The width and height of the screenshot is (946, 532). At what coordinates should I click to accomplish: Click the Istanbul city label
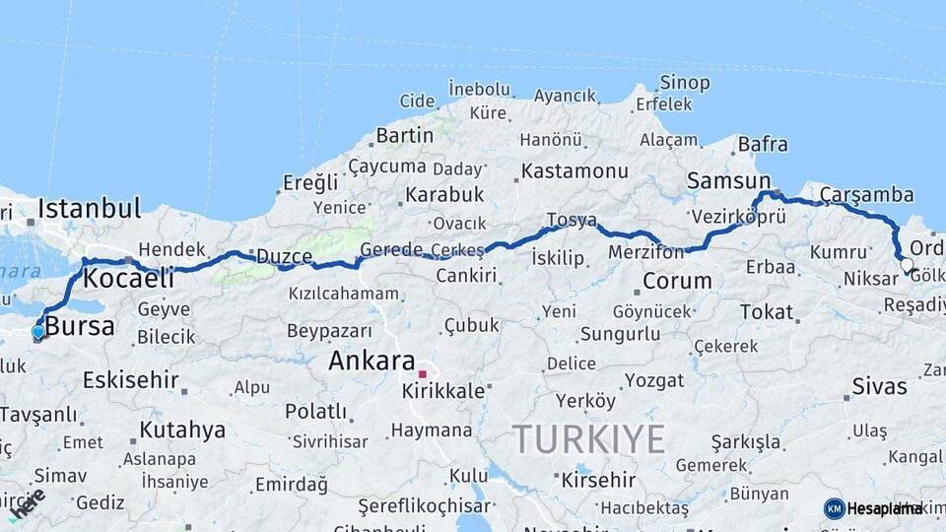(x=89, y=208)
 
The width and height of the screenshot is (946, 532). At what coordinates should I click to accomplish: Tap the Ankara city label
(x=371, y=362)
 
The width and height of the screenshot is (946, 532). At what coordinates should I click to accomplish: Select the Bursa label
(x=80, y=327)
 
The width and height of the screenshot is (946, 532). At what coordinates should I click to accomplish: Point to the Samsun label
(x=729, y=180)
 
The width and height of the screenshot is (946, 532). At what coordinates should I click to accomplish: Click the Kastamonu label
(x=574, y=170)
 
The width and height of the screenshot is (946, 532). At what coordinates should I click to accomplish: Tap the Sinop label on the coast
(x=685, y=83)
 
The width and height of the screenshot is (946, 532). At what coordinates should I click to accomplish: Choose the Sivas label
(x=879, y=385)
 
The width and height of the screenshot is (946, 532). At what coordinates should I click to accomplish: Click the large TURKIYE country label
(x=588, y=438)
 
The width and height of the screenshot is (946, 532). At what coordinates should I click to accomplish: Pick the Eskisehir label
(x=130, y=379)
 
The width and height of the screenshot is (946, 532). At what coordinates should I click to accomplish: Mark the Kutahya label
(x=182, y=430)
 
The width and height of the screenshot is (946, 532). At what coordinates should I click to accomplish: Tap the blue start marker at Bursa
(x=37, y=332)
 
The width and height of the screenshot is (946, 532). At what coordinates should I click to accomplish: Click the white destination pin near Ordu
(x=907, y=263)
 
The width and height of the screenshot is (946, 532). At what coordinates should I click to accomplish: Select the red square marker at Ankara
(x=422, y=374)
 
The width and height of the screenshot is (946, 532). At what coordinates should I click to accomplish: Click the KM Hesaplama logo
(x=873, y=508)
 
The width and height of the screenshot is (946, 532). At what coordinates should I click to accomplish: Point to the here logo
(x=29, y=501)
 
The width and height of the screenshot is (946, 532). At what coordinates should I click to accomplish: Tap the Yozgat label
(x=654, y=380)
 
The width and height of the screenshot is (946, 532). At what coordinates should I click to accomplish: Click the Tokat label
(x=766, y=312)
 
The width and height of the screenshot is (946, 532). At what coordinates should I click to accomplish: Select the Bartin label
(x=404, y=135)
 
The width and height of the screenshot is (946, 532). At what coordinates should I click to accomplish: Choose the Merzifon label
(x=645, y=252)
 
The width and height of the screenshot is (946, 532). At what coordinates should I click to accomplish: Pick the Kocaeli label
(x=128, y=279)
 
